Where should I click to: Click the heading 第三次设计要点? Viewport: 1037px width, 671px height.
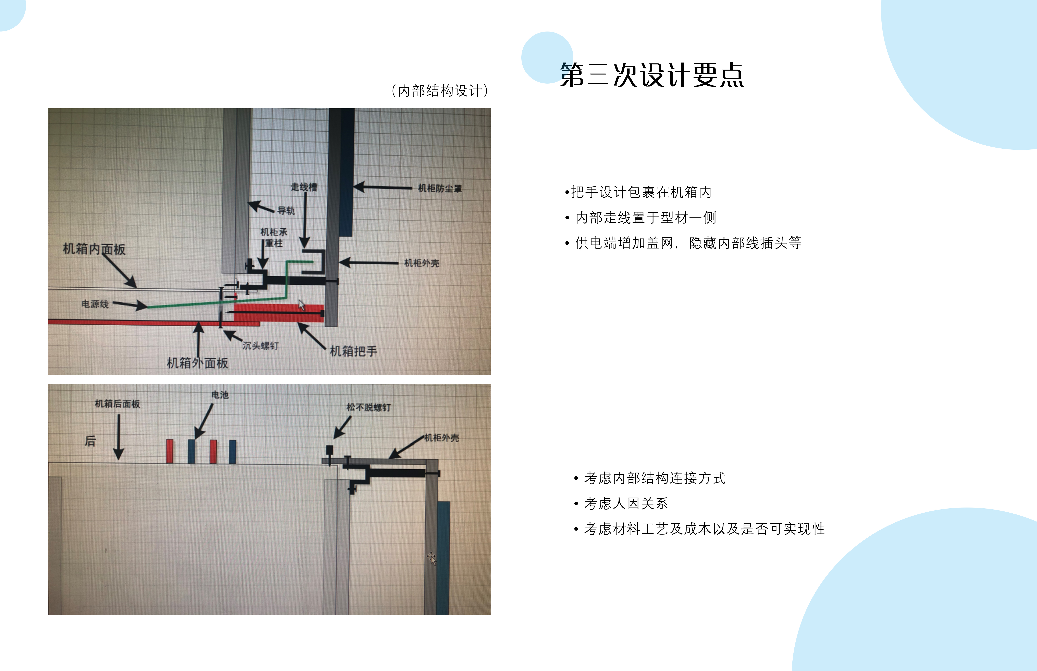click(x=651, y=75)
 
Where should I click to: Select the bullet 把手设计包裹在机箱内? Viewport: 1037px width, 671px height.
click(x=638, y=192)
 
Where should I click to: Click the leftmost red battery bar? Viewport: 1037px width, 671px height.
click(x=170, y=451)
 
